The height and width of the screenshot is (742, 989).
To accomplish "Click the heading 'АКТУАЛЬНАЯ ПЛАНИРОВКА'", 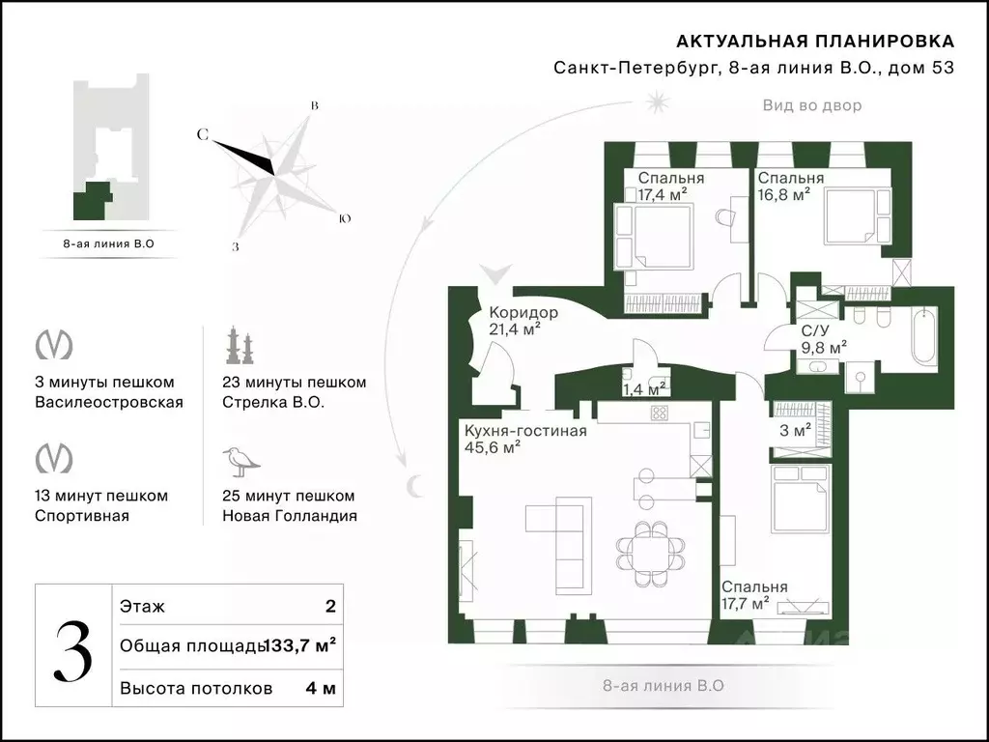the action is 815,42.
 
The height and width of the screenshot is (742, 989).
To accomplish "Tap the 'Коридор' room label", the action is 523,312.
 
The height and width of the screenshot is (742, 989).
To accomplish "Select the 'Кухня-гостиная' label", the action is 525,431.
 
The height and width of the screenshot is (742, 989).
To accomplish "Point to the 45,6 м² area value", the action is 493,447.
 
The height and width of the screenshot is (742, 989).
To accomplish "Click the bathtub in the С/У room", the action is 924,335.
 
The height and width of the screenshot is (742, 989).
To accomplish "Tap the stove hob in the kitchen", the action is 659,414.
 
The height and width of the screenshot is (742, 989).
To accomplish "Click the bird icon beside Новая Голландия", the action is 240,462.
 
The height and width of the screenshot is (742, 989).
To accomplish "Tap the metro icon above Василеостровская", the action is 54,345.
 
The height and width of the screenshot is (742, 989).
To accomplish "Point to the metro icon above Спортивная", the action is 54,458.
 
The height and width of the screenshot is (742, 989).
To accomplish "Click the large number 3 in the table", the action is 73,651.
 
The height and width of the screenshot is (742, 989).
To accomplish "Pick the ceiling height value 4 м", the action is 321,688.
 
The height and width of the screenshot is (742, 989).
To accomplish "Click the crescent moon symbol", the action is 413,486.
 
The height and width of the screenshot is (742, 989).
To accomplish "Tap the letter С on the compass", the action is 203,134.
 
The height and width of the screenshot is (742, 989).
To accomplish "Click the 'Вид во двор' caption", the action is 811,105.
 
